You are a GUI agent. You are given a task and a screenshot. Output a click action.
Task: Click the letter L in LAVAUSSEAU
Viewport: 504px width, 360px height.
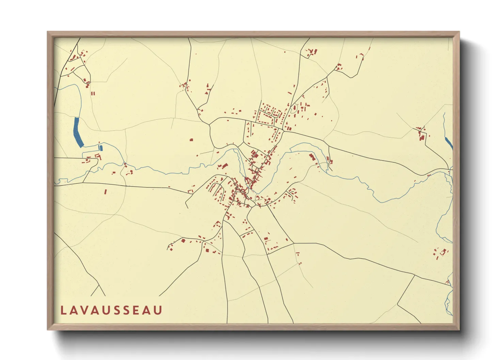click(x=63, y=310)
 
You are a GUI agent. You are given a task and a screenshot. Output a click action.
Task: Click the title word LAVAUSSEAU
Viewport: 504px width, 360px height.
click(x=111, y=310)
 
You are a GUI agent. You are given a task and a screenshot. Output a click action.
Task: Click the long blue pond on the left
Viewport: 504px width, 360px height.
click(x=78, y=132)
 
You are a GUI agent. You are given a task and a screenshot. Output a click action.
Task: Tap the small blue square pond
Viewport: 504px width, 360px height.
click(x=100, y=148)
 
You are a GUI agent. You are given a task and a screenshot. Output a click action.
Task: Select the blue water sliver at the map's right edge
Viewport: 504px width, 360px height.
click(x=449, y=143)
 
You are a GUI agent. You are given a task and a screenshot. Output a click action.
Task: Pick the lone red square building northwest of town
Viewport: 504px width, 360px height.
click(x=191, y=140)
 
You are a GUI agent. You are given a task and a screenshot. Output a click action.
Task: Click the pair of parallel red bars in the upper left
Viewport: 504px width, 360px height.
click(x=93, y=93)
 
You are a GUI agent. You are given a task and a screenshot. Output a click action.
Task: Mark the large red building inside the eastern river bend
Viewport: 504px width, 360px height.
click(x=312, y=157)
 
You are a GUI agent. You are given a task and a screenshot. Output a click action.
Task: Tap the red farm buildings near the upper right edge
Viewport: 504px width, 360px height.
click(x=422, y=133)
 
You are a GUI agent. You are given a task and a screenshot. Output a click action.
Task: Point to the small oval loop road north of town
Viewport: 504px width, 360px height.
click(x=294, y=109)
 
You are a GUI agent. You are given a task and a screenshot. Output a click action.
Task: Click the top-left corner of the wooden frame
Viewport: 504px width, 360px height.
click(x=48, y=32)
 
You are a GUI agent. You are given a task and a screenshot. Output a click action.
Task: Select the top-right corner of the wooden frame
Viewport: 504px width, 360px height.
click(x=459, y=32)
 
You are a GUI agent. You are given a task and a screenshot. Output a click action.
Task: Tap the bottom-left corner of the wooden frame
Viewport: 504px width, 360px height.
click(x=48, y=329)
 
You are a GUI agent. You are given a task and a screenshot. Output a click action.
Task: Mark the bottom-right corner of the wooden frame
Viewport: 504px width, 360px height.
click(x=459, y=329)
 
